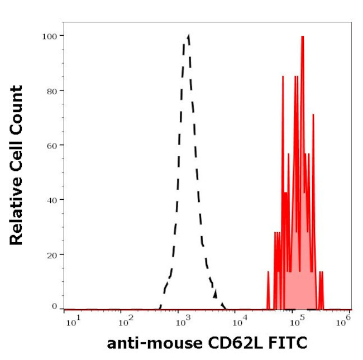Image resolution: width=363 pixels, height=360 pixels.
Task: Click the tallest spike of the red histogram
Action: [x=302, y=37]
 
